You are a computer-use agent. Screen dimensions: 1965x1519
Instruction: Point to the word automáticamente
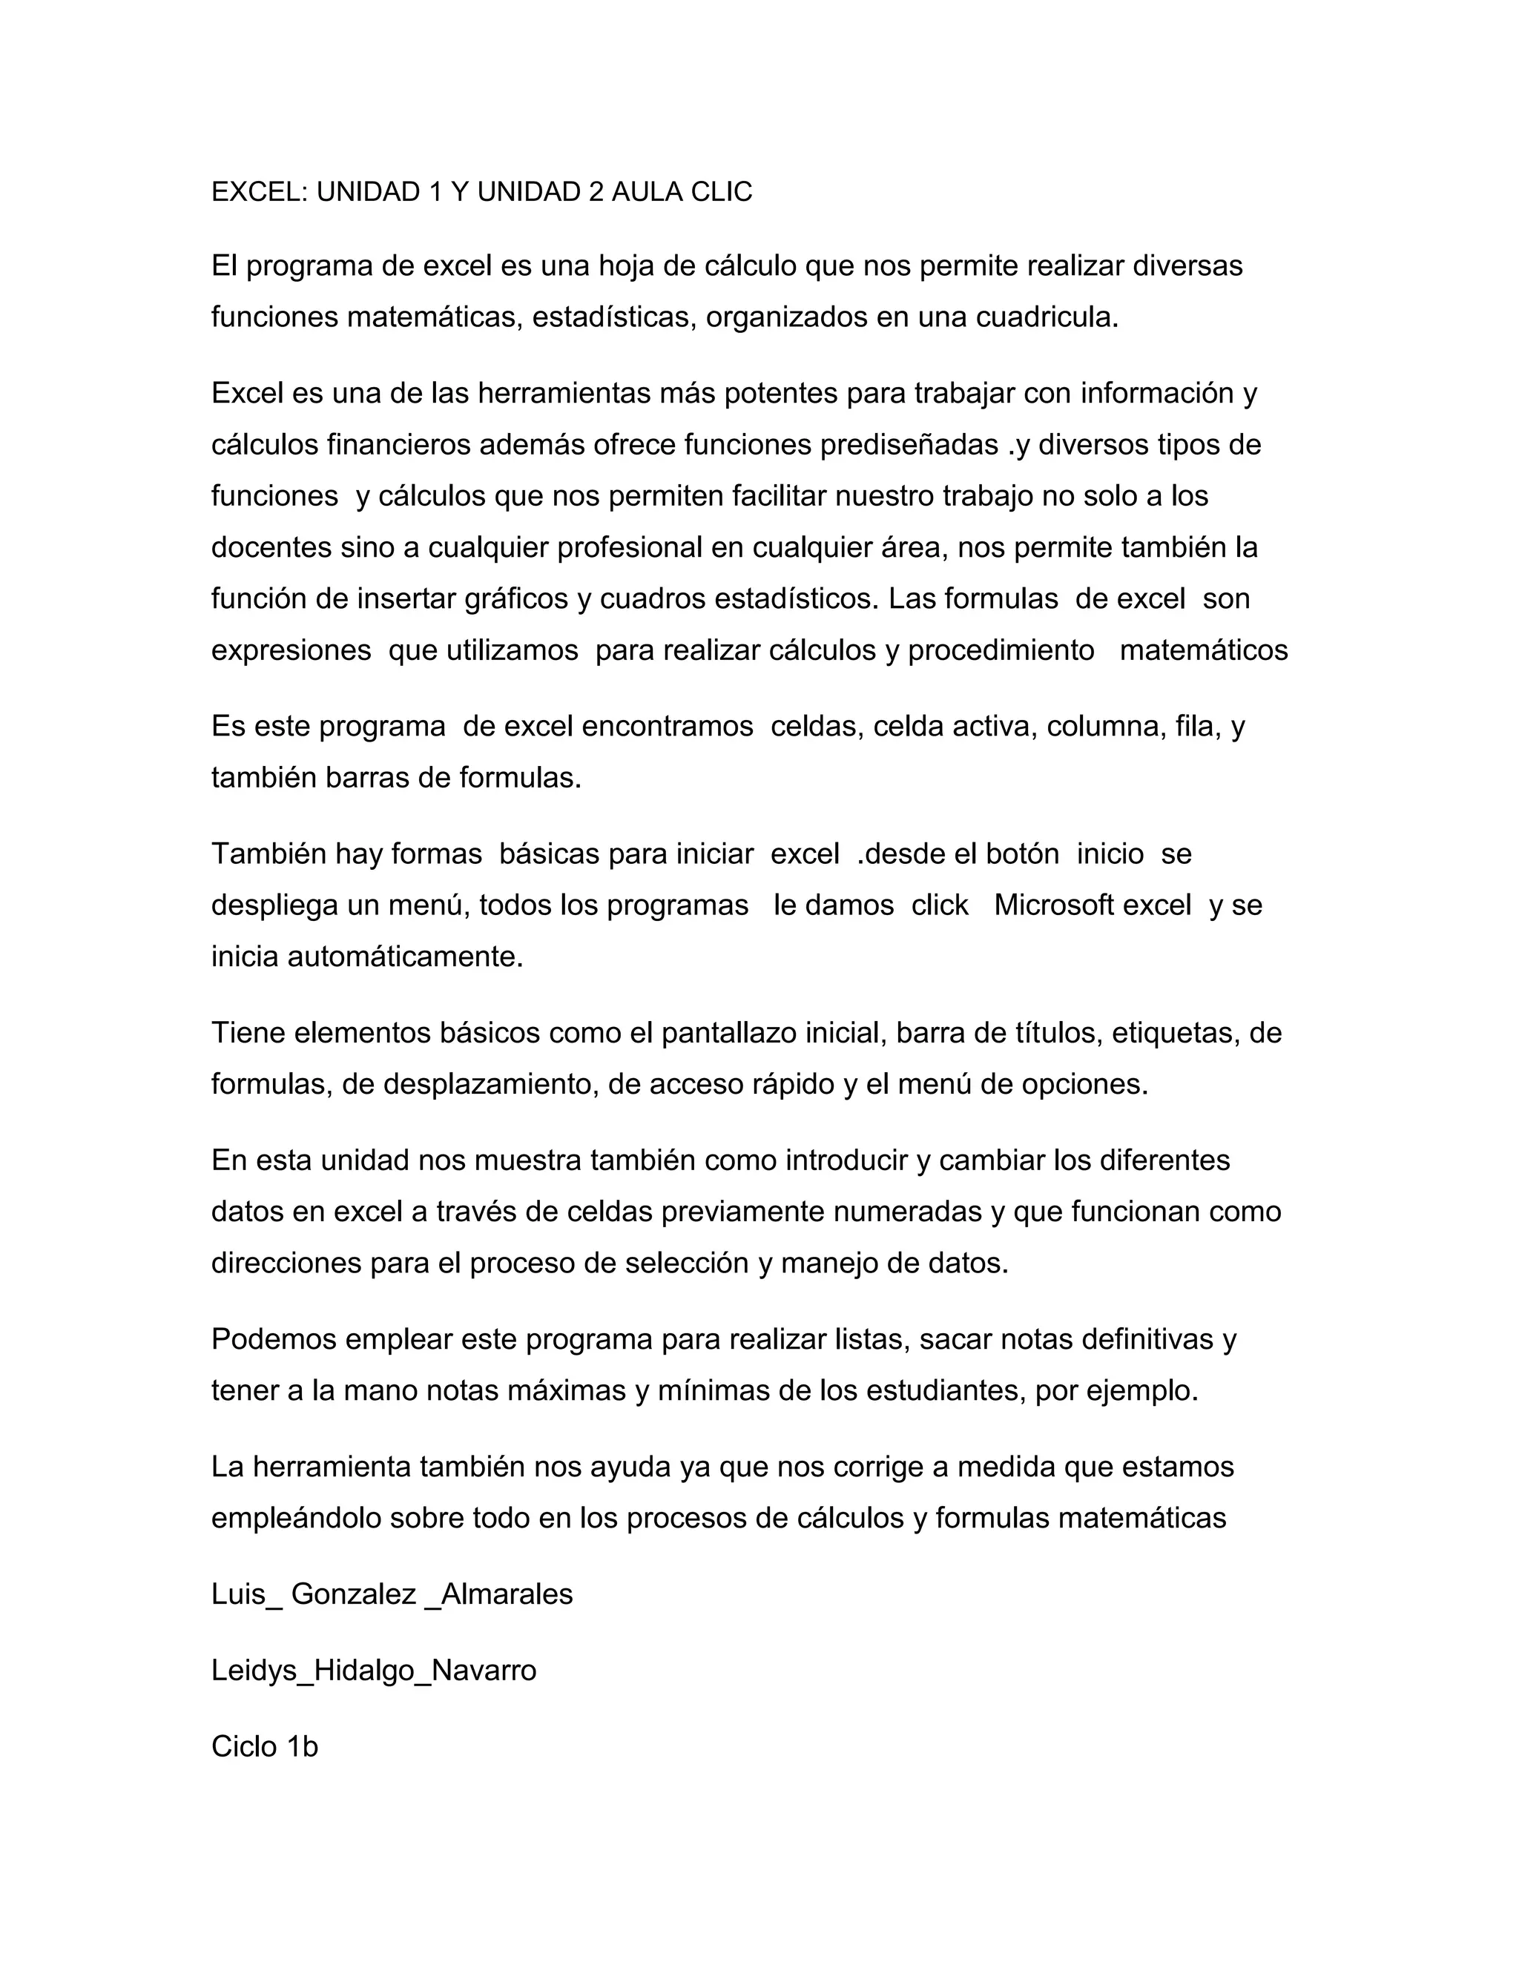click(405, 957)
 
